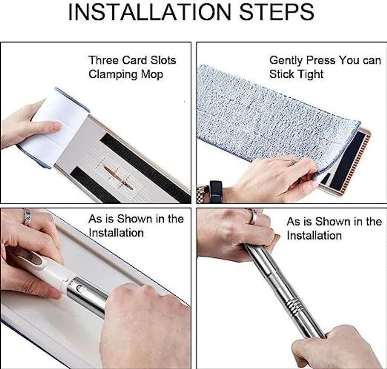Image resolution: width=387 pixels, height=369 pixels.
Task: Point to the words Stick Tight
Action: click(296, 74)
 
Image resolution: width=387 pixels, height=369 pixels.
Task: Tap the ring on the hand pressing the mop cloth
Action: click(292, 162)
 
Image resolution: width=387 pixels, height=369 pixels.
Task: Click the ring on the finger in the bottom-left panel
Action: click(27, 216)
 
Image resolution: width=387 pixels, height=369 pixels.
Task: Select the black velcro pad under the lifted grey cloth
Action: click(347, 161)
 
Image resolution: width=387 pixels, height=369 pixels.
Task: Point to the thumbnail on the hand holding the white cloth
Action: click(57, 126)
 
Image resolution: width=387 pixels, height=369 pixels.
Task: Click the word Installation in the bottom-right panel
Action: click(314, 235)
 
